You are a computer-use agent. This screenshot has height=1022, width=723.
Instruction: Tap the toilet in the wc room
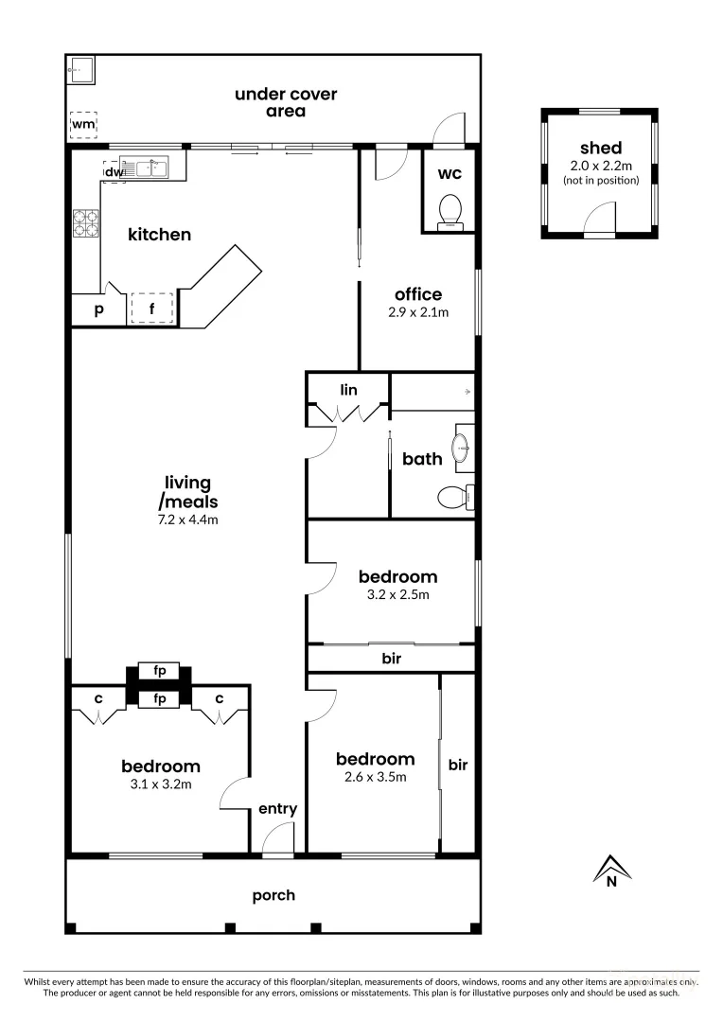[x=451, y=210]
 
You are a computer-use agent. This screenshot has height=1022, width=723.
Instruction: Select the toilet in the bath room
[x=454, y=495]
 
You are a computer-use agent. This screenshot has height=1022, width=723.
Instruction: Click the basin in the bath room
[x=462, y=448]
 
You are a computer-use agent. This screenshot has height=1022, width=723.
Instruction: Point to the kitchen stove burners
[x=86, y=221]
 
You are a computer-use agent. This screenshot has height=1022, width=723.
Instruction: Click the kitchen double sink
[x=150, y=169]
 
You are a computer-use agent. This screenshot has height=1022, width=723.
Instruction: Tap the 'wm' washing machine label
[x=82, y=124]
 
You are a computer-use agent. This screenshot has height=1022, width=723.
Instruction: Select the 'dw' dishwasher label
[x=113, y=172]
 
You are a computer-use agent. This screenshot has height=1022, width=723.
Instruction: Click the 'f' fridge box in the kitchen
[x=151, y=308]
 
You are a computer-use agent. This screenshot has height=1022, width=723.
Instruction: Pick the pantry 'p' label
[x=97, y=309]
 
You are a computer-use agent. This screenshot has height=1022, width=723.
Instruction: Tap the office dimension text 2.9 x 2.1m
[x=418, y=311]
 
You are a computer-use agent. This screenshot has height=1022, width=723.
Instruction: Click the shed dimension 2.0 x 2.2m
[x=600, y=166]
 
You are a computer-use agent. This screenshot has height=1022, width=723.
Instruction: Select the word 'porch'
[x=273, y=895]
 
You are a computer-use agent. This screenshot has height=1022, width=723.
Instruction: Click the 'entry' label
[x=277, y=809]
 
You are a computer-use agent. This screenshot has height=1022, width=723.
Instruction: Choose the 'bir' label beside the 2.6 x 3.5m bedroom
[x=458, y=765]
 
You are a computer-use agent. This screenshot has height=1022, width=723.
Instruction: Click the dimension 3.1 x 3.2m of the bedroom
[x=160, y=784]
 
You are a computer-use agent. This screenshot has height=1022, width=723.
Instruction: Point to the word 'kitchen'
[x=160, y=235]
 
